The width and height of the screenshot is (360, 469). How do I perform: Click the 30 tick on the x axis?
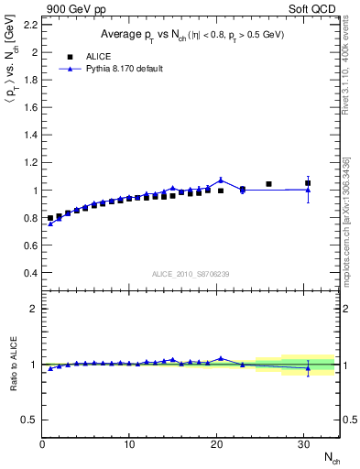pos(303,444)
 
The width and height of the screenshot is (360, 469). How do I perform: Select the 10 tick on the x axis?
pos(129,444)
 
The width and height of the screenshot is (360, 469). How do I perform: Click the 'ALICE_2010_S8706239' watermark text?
pos(191,273)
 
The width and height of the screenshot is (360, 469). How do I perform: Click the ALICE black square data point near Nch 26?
pos(268,184)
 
